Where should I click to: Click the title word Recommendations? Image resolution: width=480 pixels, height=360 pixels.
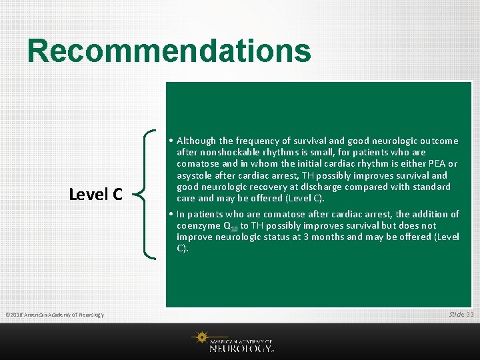click(x=169, y=51)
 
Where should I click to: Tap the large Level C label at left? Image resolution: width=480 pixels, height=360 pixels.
click(x=96, y=194)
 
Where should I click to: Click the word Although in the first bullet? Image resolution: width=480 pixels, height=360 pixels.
click(x=197, y=141)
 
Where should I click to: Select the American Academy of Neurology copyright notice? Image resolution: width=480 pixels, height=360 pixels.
click(x=55, y=315)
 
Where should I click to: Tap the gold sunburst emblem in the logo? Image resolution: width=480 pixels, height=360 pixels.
click(x=200, y=337)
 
